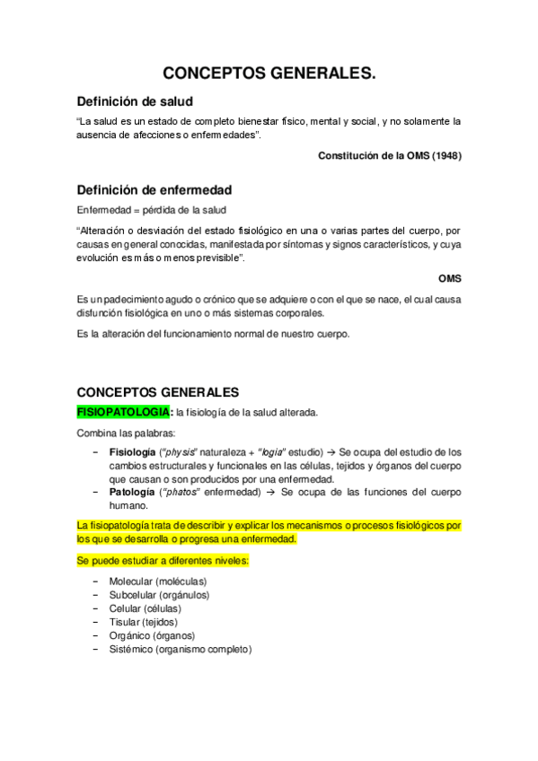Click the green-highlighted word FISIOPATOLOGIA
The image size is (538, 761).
(123, 412)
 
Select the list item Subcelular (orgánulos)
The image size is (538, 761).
(159, 595)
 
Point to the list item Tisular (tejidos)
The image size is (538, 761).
(143, 622)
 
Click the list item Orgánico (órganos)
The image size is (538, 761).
(152, 635)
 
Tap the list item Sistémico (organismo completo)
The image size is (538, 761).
(180, 649)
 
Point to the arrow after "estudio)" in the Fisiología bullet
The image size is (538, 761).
(332, 452)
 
